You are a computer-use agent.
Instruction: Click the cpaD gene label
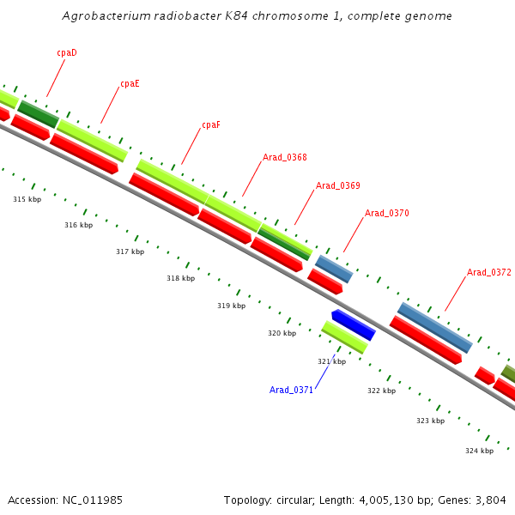tap(67, 52)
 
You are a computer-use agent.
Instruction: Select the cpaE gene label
tap(130, 83)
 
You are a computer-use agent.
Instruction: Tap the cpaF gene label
tap(211, 124)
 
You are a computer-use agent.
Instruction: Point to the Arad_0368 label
tap(285, 157)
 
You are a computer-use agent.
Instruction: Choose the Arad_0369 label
tap(338, 185)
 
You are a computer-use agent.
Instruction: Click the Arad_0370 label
tap(387, 213)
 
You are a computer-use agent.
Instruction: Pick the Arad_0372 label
tap(489, 272)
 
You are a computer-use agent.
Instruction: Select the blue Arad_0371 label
tap(292, 390)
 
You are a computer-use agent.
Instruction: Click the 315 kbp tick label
tap(27, 199)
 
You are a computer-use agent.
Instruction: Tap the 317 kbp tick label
tap(130, 251)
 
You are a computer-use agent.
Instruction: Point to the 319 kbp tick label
tap(231, 306)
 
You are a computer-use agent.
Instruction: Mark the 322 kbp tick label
tap(381, 391)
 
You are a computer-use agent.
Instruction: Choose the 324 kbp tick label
tap(479, 451)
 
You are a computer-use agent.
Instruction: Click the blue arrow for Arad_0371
tap(353, 324)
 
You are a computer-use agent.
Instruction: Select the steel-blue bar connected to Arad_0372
tap(434, 327)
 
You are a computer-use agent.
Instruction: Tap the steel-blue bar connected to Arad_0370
tap(334, 269)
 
